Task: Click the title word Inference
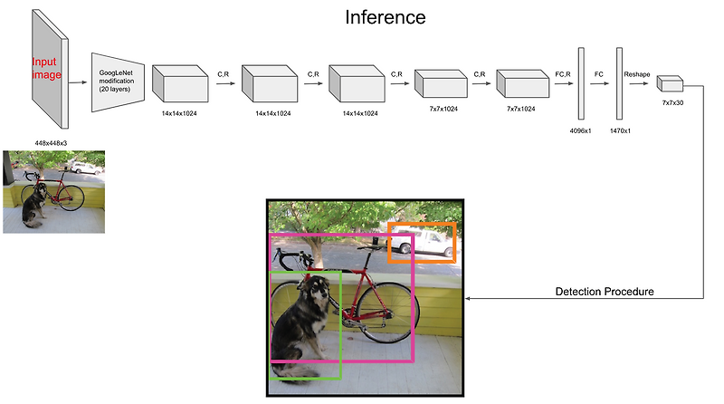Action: [385, 17]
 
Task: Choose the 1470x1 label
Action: [620, 130]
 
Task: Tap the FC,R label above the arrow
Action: [563, 68]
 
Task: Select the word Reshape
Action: [637, 68]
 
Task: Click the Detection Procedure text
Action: [604, 292]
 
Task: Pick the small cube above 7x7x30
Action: [670, 85]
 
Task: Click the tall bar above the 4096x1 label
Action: [582, 83]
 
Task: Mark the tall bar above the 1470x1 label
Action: [620, 83]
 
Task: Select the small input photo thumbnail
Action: [53, 192]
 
